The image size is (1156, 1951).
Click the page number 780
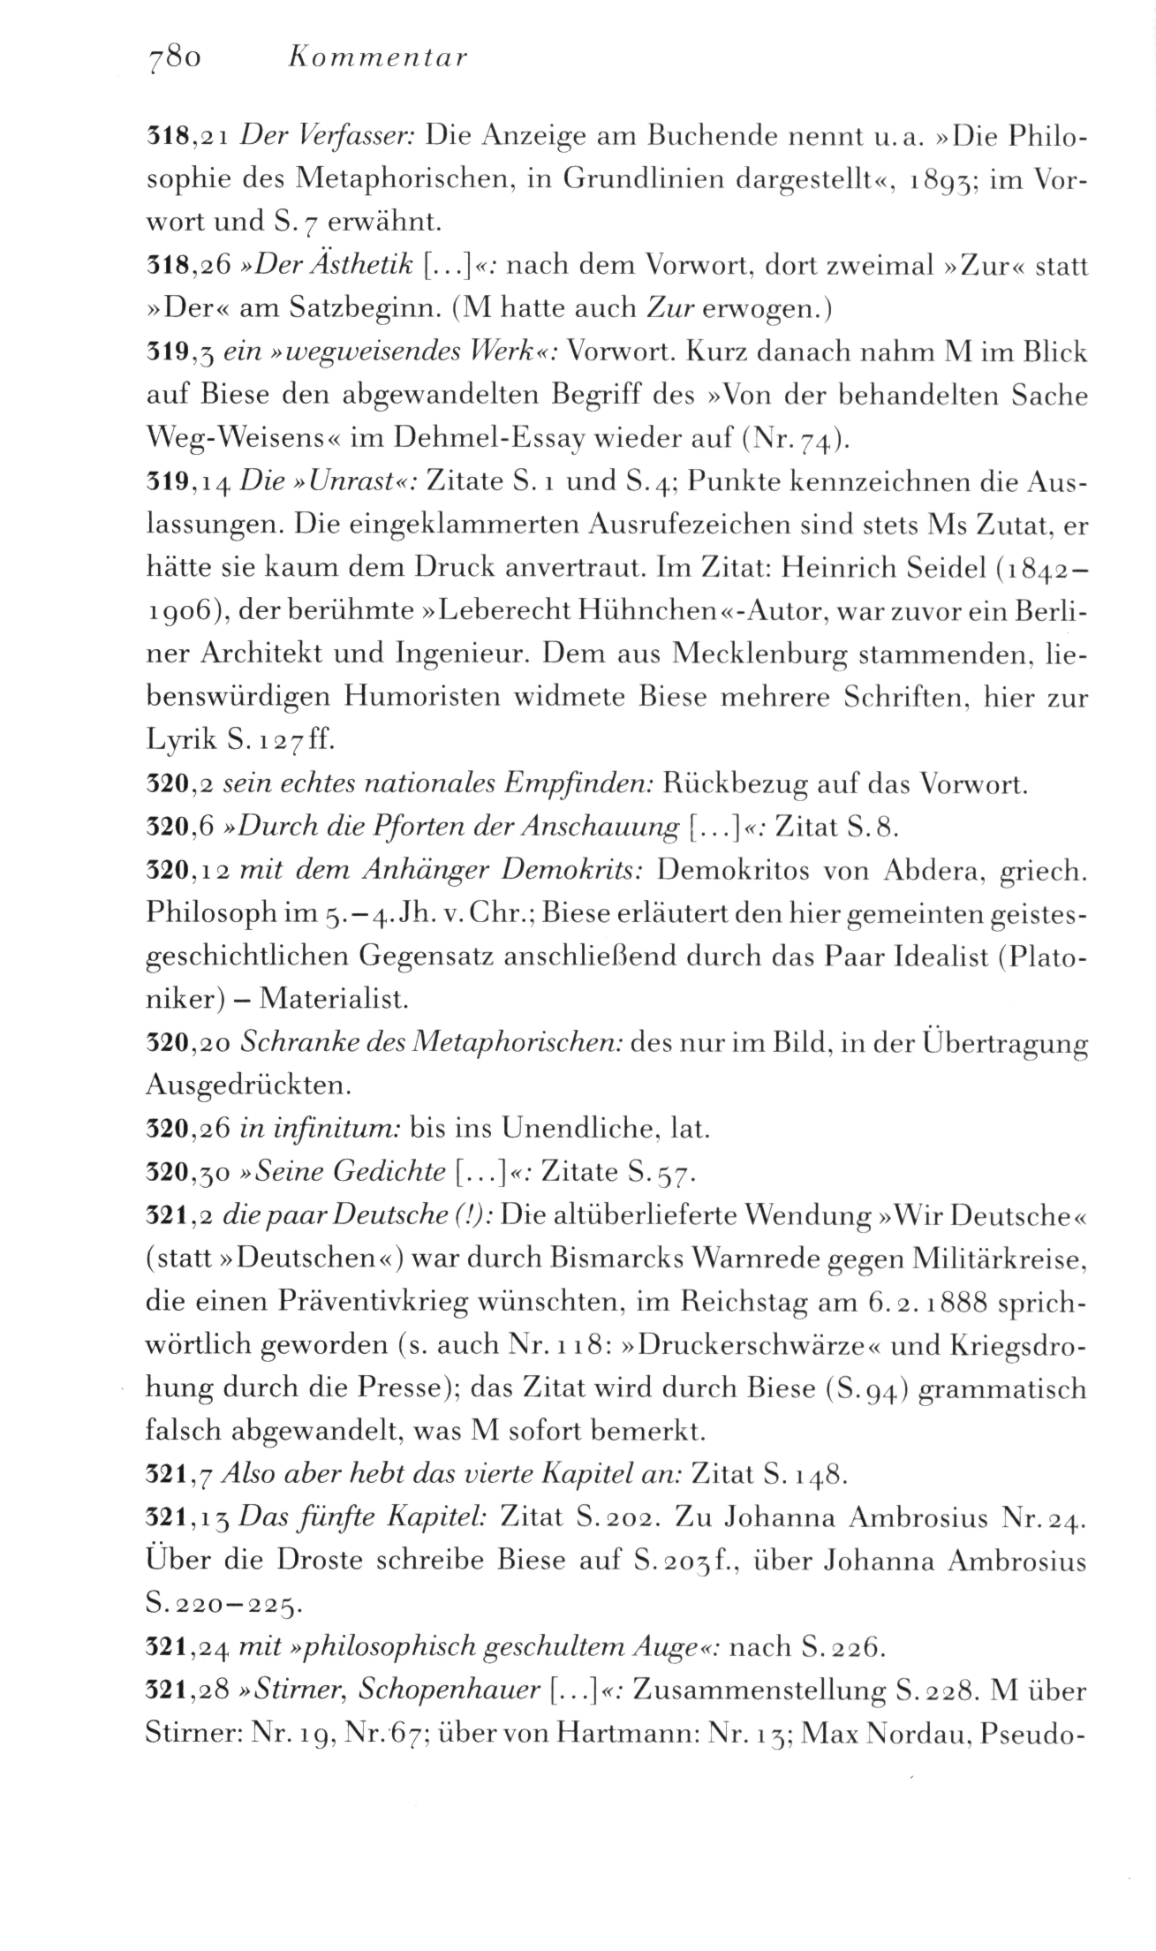(176, 57)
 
